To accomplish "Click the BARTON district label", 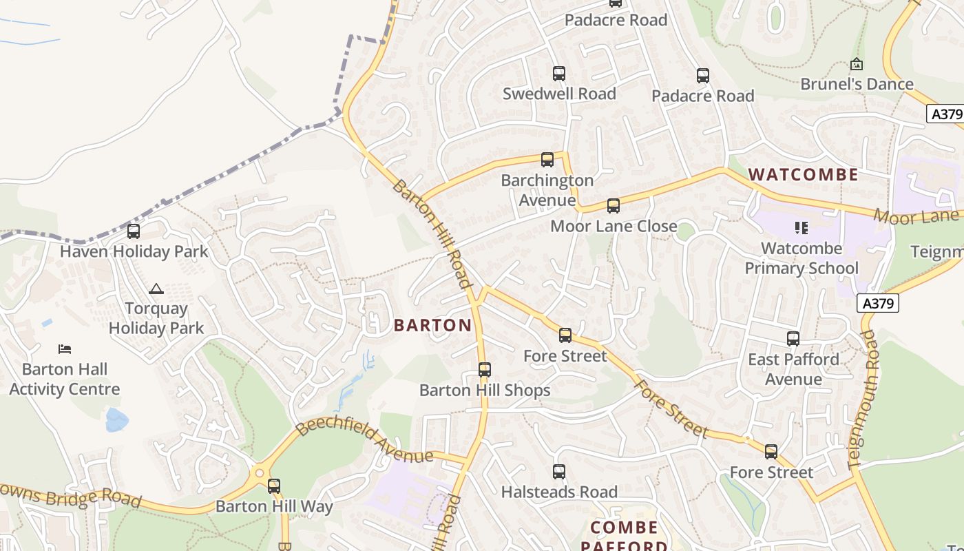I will [x=432, y=325].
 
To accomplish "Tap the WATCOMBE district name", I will [x=803, y=174].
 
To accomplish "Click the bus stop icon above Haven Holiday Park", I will [x=134, y=231].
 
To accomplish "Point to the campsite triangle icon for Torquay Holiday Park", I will [x=156, y=289].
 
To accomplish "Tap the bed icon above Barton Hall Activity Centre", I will [x=65, y=349].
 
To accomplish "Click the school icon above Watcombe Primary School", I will [x=801, y=227].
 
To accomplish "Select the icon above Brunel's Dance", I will [x=856, y=64].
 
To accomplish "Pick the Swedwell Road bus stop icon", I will [x=558, y=73].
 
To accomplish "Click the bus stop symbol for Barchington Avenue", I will [x=547, y=160].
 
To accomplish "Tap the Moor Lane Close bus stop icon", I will [x=613, y=206].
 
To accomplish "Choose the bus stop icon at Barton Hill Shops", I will [x=485, y=370].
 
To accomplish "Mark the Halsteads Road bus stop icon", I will [x=558, y=472].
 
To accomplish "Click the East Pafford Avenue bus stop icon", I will [x=793, y=339].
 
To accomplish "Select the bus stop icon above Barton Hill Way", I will [x=273, y=486].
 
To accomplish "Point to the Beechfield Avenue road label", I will [x=365, y=441].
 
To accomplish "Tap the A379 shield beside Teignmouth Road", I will [x=878, y=303].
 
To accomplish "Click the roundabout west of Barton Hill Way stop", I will [x=260, y=473].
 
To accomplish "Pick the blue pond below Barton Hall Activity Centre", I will [x=116, y=419].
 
